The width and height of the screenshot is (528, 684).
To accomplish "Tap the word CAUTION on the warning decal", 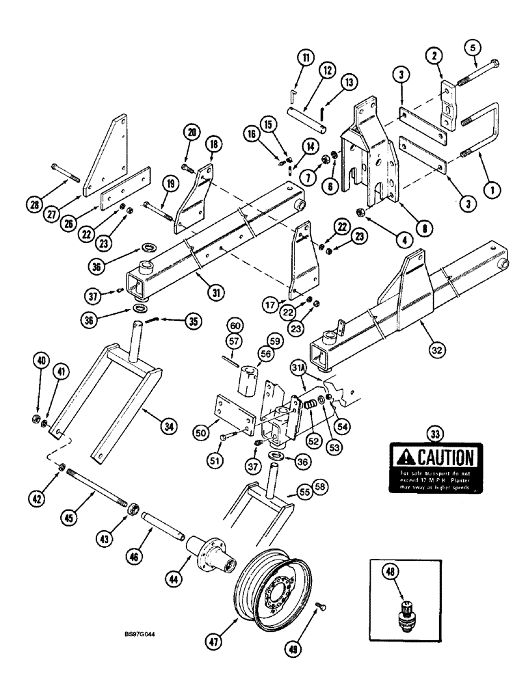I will (439, 457).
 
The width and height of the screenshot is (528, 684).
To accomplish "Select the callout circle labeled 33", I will (434, 432).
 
